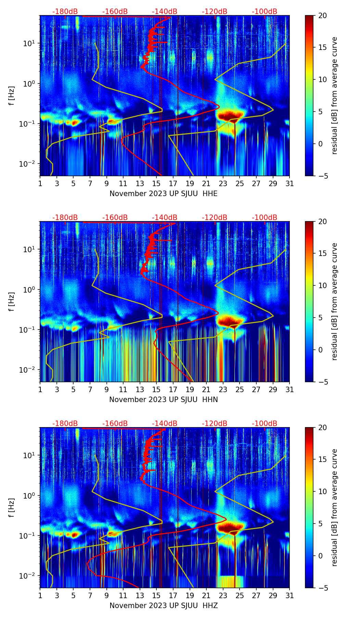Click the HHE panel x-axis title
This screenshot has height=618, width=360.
(163, 194)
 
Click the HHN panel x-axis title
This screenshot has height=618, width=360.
(163, 400)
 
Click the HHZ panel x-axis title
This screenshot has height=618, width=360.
(163, 606)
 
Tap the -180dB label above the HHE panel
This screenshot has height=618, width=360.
(65, 12)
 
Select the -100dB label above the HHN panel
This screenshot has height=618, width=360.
(265, 218)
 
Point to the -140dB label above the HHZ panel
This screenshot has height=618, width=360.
(165, 424)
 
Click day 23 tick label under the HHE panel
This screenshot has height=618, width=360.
(223, 183)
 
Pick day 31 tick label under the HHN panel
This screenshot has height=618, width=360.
(290, 389)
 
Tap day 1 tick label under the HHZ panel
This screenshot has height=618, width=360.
(40, 595)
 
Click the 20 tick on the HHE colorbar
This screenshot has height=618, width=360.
(322, 15)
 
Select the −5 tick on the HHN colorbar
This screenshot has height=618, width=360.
(321, 382)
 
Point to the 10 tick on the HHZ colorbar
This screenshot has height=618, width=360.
(322, 491)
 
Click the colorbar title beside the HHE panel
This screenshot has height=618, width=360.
(334, 95)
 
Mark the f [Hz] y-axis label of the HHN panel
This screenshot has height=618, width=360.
(12, 301)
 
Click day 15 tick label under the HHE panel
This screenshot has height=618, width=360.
(156, 183)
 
